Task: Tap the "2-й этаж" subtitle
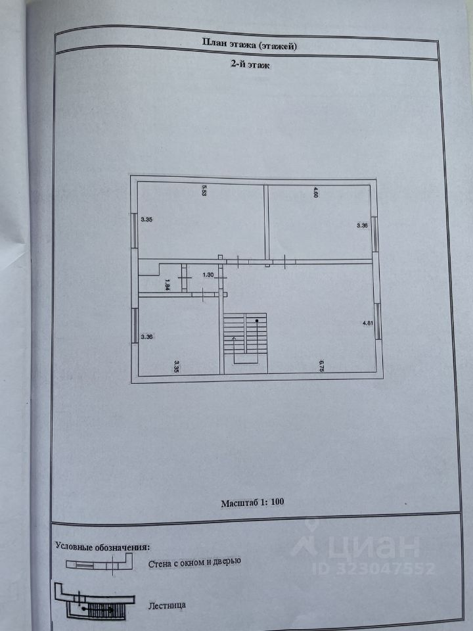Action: pos(245,65)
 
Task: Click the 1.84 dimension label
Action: pos(168,285)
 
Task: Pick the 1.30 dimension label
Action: pos(208,275)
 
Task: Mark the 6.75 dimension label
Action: pos(320,365)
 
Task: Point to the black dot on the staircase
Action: pos(258,320)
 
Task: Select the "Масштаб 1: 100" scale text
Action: pos(252,502)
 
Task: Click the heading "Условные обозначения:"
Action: pos(102,546)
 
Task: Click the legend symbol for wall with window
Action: pos(97,563)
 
